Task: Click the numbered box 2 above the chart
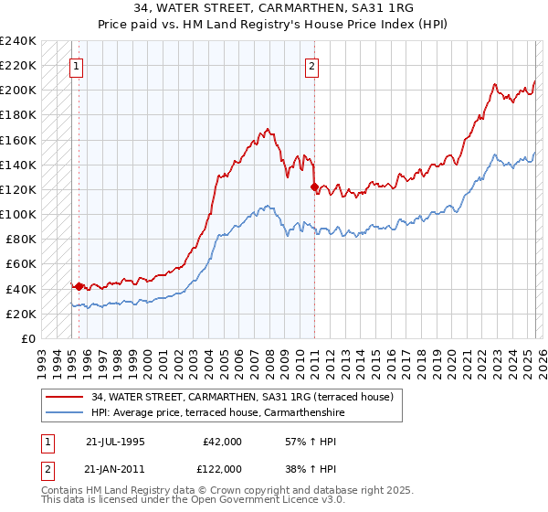pyautogui.click(x=311, y=66)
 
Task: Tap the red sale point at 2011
pyautogui.click(x=315, y=187)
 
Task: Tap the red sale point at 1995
pyautogui.click(x=79, y=286)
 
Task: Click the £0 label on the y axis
pyautogui.click(x=27, y=338)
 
